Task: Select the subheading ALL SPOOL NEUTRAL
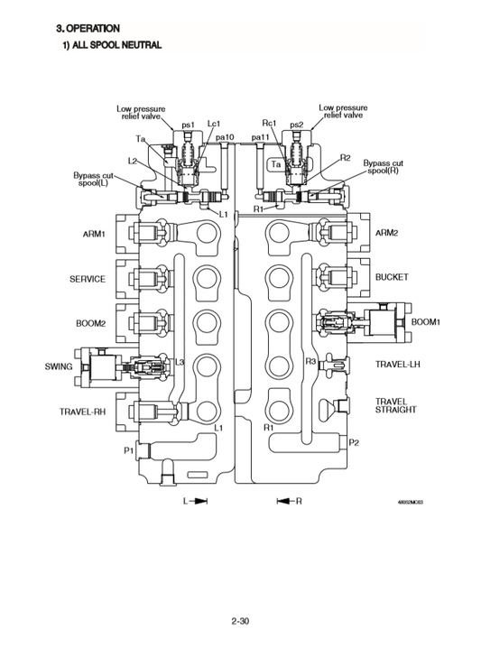coord(111,45)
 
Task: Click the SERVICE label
coord(88,279)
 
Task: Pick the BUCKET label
coord(392,277)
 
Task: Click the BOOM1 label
coord(425,321)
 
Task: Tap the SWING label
coord(59,366)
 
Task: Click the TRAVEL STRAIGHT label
coord(395,405)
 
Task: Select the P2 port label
coord(354,442)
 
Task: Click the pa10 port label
coord(225,137)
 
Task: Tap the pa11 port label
coord(261,137)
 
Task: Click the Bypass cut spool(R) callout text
coord(383,167)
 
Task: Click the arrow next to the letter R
coord(283,500)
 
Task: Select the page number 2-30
coord(241,621)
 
